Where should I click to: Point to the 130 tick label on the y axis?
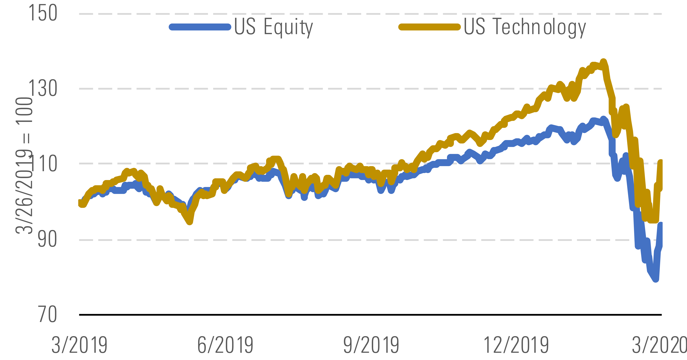(x=43, y=88)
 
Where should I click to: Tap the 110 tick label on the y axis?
(x=43, y=163)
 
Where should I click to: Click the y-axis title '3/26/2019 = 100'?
(x=24, y=166)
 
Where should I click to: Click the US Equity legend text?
(x=273, y=27)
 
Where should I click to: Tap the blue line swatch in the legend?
(x=200, y=27)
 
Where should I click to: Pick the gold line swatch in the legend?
(x=429, y=27)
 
